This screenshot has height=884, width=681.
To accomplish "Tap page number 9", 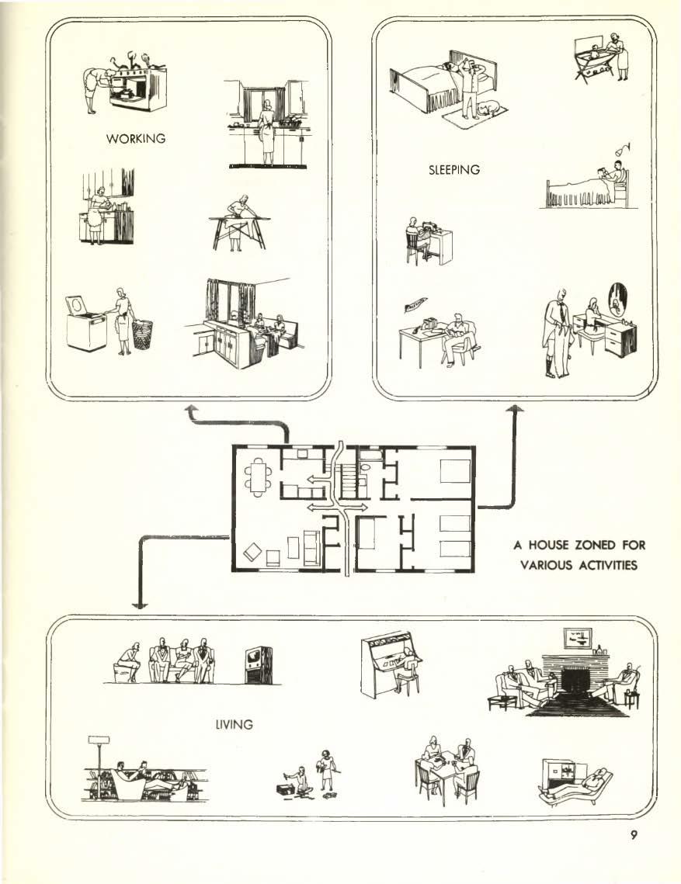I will tap(634, 835).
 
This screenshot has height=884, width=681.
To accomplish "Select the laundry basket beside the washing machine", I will tap(143, 334).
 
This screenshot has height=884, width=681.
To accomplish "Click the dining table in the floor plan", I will tap(259, 476).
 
